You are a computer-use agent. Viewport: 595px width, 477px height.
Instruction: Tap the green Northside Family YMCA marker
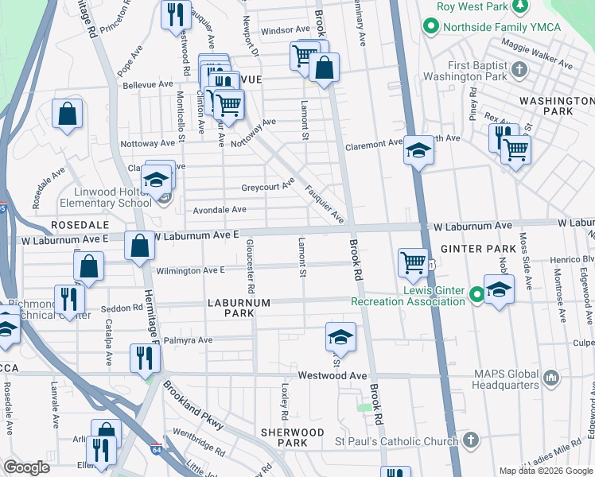430,27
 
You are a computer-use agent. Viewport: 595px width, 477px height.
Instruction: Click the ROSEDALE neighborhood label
79,226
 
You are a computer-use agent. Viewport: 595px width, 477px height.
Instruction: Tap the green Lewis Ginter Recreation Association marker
476,294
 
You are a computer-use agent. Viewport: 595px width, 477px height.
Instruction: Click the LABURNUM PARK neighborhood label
239,308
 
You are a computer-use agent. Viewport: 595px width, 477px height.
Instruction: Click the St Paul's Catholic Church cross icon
471,439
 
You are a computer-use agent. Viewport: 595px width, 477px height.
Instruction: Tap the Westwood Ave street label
332,375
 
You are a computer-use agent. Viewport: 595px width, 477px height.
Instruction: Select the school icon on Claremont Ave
418,149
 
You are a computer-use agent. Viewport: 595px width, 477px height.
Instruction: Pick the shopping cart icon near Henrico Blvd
413,261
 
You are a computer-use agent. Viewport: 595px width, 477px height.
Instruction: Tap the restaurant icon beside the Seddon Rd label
69,298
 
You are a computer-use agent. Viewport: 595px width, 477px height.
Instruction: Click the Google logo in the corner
26,467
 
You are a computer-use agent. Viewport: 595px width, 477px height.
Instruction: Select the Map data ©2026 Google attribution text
545,470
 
